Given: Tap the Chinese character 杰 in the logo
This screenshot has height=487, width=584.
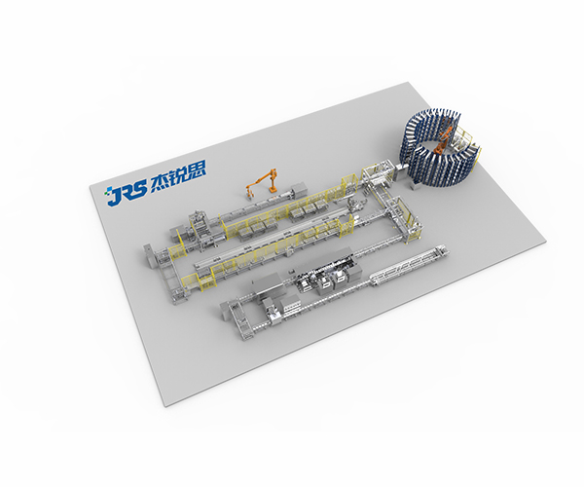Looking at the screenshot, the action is [159, 182].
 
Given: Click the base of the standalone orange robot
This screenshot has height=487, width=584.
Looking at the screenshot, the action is [273, 190].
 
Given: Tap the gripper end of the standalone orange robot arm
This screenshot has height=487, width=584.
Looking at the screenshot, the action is [249, 194].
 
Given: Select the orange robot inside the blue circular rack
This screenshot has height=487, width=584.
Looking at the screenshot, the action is [443, 141].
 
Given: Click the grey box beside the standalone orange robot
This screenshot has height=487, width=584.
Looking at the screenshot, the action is [299, 189].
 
